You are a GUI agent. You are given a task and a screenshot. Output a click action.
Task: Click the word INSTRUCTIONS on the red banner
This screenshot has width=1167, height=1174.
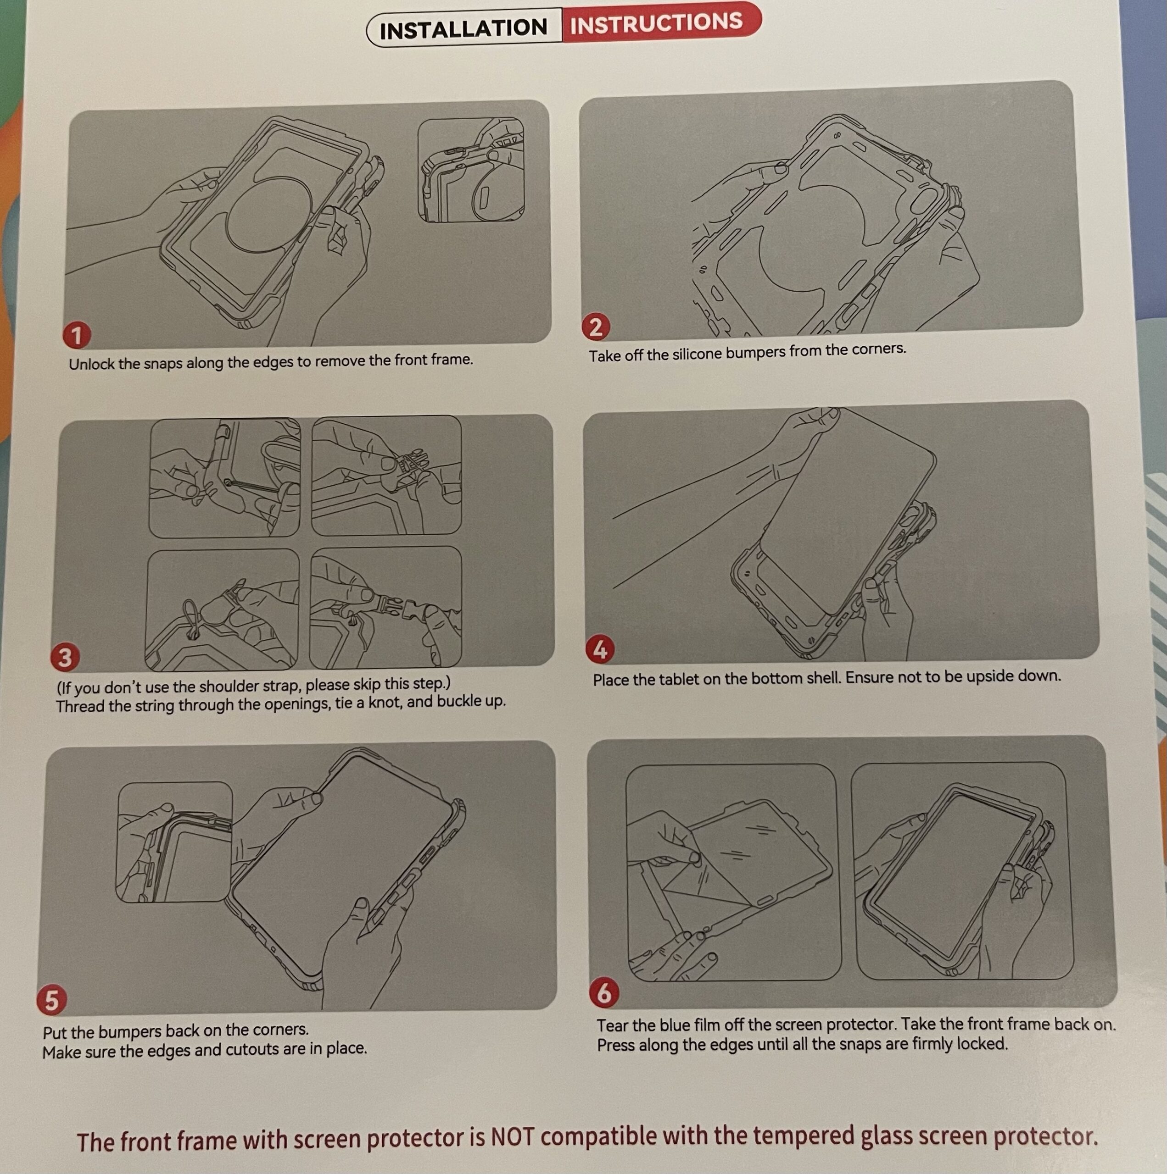[656, 23]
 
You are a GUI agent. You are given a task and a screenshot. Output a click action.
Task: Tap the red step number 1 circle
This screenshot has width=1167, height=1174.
[77, 335]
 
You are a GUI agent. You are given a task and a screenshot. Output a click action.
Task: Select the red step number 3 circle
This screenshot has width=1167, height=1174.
[65, 657]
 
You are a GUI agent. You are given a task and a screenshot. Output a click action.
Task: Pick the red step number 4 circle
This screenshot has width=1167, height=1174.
[600, 649]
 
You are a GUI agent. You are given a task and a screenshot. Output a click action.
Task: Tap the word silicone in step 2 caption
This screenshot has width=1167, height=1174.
[698, 354]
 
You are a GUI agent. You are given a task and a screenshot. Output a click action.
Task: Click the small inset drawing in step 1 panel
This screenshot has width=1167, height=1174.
[471, 170]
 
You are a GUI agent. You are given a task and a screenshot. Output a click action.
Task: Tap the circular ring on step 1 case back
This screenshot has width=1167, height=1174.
[269, 213]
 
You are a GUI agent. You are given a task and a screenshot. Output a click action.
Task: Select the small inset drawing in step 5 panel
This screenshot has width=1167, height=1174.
[174, 842]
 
